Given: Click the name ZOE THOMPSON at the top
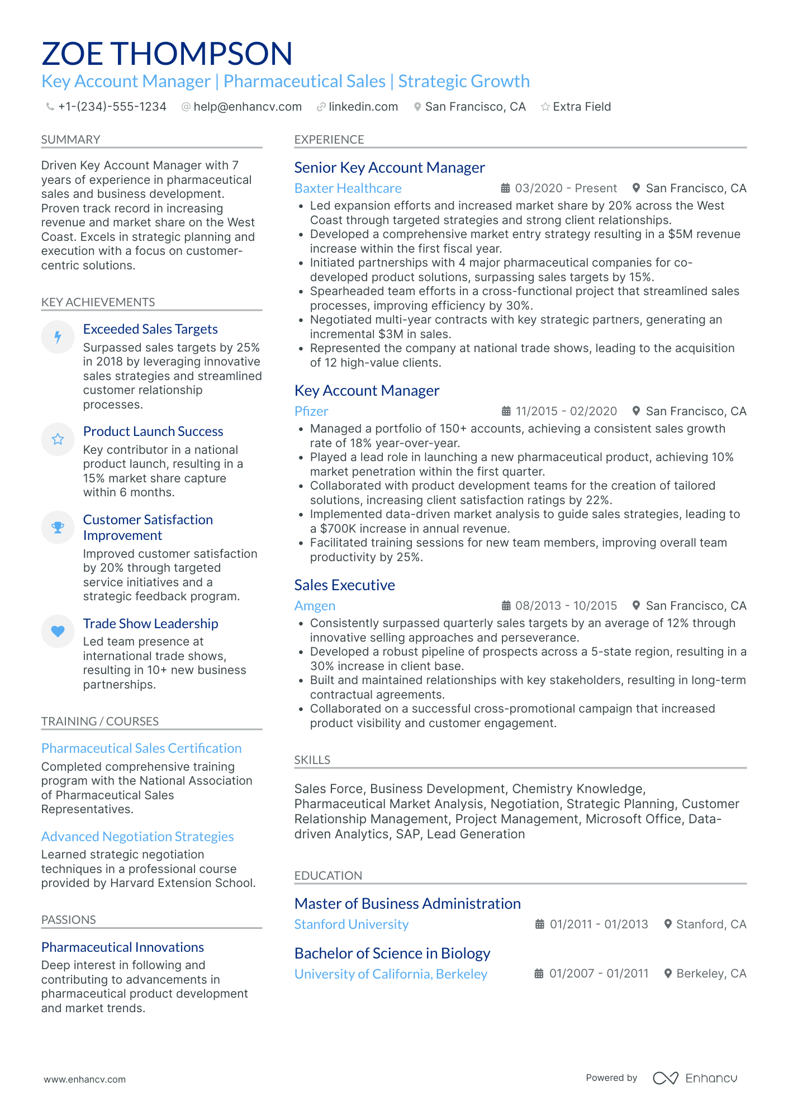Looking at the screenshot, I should [167, 54].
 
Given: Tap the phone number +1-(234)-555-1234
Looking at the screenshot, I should [112, 107].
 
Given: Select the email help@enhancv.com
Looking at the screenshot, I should [247, 107].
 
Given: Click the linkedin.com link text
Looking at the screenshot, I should [363, 107].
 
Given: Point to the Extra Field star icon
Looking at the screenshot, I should [545, 107].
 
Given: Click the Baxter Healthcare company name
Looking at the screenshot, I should [348, 188].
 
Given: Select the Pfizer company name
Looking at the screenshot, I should [311, 411].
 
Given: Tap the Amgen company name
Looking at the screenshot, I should [315, 606].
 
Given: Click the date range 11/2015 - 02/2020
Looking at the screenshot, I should [566, 411].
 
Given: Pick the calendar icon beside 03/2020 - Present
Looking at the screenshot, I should [505, 188].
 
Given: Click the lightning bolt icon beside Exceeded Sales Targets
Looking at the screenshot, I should [58, 337].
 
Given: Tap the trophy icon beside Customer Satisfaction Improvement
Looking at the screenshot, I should [58, 527].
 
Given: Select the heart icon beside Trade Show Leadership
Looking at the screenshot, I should [58, 631].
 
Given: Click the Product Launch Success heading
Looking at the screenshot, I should [153, 431].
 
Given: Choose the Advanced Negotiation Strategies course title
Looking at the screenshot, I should [137, 837].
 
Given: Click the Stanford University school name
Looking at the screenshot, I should [352, 924].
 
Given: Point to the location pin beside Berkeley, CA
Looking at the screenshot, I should [668, 974].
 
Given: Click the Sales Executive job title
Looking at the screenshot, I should [344, 585].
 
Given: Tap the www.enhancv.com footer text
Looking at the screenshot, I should [85, 1079].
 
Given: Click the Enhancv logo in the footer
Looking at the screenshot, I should [695, 1078].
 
